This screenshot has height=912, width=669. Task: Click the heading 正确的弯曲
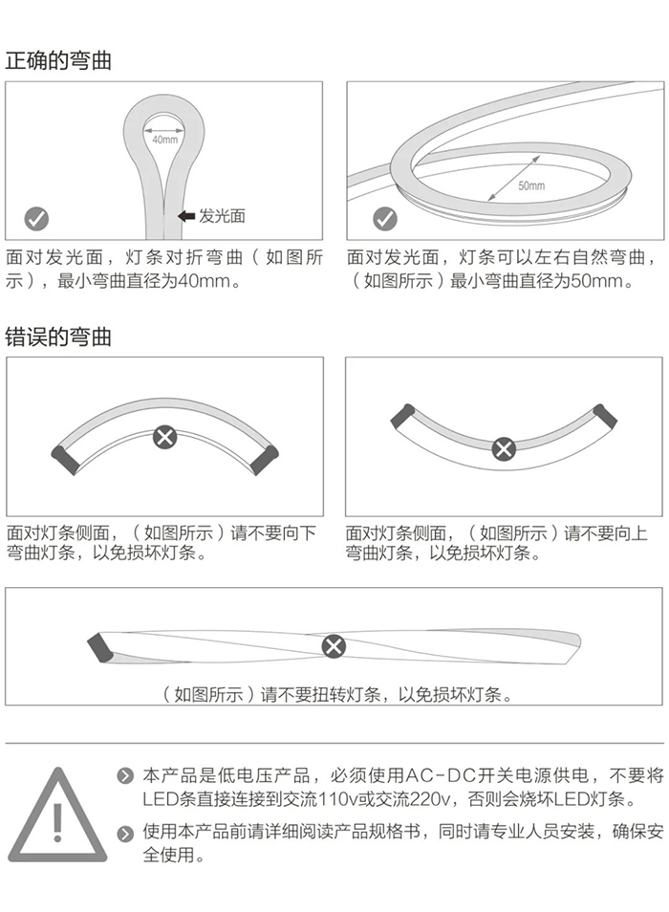[58, 60]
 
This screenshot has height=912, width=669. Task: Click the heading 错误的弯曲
[58, 337]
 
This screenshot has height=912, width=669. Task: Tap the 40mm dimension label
[165, 140]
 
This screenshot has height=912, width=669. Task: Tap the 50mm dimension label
[531, 185]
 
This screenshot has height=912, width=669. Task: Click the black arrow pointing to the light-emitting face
[186, 216]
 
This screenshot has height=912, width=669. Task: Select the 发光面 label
[222, 216]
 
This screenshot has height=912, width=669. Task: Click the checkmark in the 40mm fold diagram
[36, 219]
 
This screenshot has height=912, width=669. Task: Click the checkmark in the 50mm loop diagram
[384, 219]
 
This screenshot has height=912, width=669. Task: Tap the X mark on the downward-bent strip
[165, 436]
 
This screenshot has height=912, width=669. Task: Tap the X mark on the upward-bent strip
[504, 448]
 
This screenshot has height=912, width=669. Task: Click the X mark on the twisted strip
[334, 646]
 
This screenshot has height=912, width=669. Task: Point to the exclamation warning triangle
[57, 814]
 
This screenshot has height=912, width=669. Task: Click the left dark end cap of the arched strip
[65, 460]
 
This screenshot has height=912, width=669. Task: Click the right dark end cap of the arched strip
[265, 460]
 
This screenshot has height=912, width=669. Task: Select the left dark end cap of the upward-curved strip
[402, 416]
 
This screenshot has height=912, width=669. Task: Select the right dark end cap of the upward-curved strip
[604, 416]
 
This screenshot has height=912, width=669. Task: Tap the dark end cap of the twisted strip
[100, 646]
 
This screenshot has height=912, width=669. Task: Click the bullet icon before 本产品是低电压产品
[125, 776]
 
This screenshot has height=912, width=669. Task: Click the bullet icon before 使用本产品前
[125, 834]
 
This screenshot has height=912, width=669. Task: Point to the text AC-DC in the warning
[440, 775]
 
